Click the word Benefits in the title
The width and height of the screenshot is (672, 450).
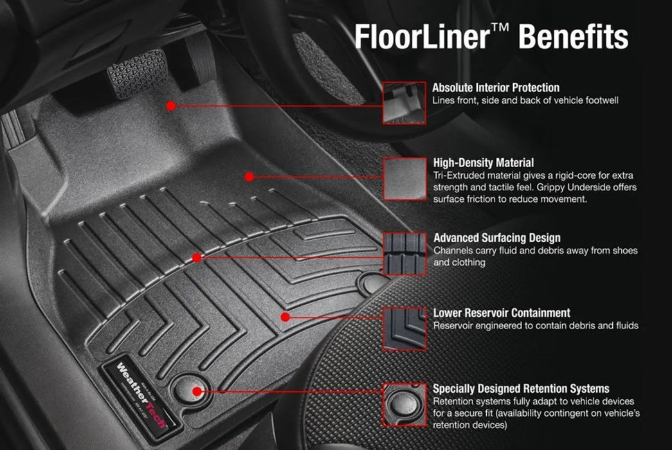click(573, 37)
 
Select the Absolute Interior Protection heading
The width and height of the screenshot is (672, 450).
click(496, 87)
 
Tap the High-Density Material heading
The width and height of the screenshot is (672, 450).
click(484, 163)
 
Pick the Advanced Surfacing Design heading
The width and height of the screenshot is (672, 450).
click(497, 238)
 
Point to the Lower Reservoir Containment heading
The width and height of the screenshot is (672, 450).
click(502, 313)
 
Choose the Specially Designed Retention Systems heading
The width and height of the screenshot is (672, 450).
click(521, 389)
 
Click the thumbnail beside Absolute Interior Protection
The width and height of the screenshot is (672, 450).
click(404, 103)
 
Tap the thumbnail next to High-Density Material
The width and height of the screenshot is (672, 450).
click(404, 178)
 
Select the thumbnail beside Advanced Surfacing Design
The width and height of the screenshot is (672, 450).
click(404, 253)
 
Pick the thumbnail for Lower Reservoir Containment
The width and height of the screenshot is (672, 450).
click(404, 328)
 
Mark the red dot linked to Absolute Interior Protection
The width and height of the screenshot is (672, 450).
click(171, 104)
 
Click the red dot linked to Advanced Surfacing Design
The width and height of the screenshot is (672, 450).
click(197, 257)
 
